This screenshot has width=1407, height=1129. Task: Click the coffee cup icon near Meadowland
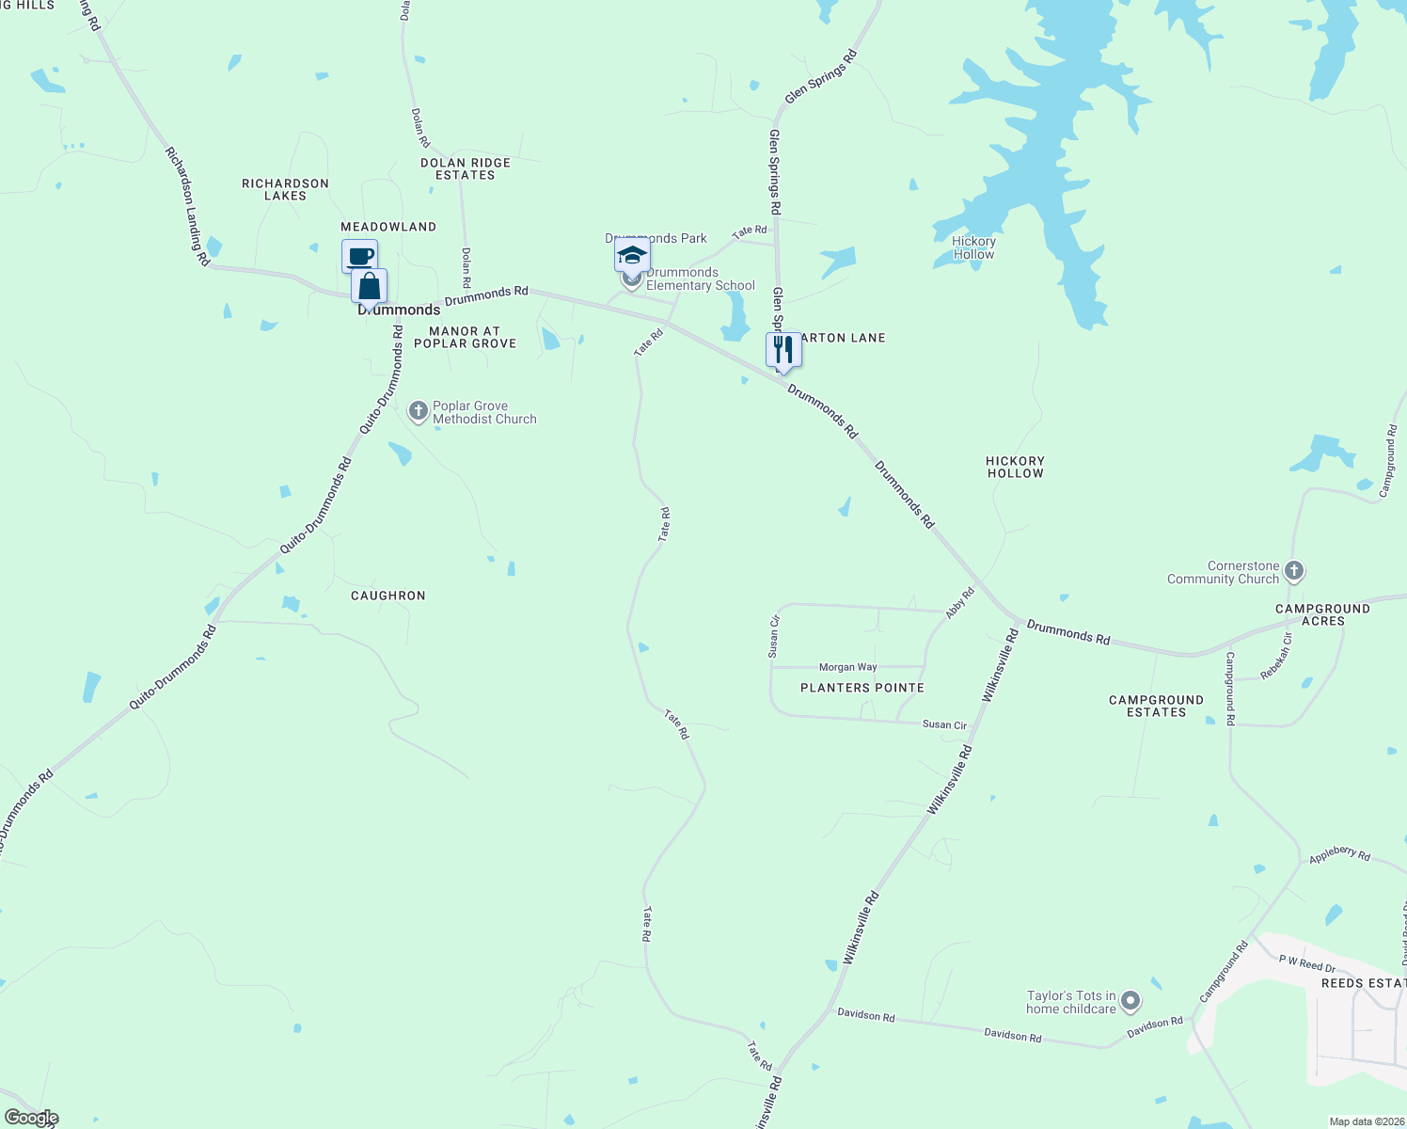pos(359,256)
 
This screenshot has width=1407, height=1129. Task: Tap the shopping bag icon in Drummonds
pos(370,286)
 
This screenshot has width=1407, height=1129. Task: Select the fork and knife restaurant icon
pos(783,350)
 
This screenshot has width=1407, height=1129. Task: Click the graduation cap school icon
pos(631,255)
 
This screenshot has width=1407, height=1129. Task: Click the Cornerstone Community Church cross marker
pos(1294,571)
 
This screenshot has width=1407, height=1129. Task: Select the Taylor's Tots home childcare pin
pos(1130,1002)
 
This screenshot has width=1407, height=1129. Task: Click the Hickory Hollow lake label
pos(973,247)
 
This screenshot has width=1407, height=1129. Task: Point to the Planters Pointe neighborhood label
pos(862,688)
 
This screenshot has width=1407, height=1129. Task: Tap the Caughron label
pos(388,596)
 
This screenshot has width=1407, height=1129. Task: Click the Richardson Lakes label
pos(285,189)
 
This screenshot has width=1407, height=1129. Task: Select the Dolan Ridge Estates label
pos(466,168)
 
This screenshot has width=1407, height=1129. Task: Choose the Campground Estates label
pos(1156,706)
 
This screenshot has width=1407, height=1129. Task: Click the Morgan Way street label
pos(847,667)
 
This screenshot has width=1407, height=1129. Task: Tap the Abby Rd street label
pos(959,603)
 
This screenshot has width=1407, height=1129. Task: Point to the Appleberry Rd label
pos(1339,853)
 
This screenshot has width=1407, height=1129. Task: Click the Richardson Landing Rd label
pos(187,206)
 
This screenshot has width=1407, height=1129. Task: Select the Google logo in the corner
pos(31,1118)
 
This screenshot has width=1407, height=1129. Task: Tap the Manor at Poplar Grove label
pos(466,337)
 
